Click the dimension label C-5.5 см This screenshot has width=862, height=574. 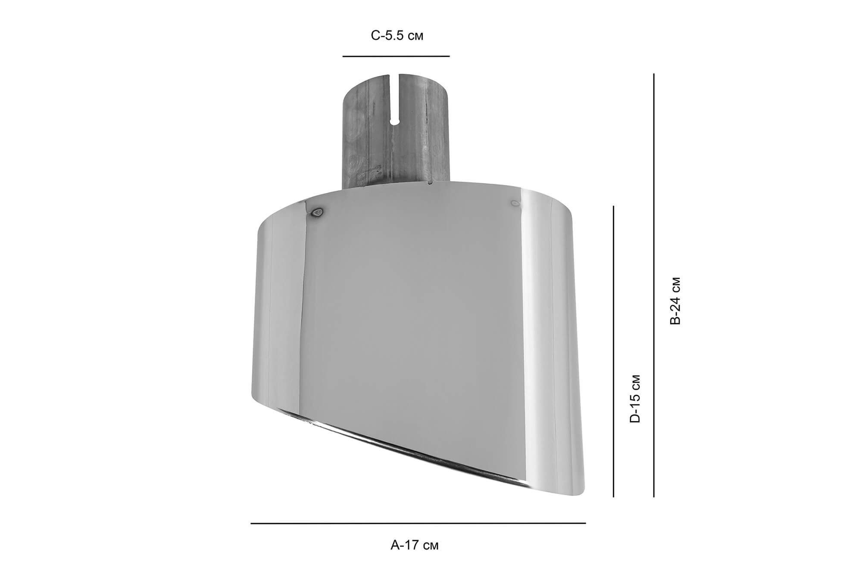pos(397,36)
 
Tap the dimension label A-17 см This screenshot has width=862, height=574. pos(414,545)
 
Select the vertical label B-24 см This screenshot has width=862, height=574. pos(675,301)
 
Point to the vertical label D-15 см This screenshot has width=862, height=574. pos(635,399)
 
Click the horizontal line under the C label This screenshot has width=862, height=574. pos(396,56)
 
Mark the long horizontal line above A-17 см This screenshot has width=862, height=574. pos(418,523)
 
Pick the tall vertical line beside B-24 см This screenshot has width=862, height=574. pos(654,285)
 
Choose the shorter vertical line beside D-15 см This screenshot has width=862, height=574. pos(613,351)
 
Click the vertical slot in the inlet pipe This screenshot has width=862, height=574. pos(395,99)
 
